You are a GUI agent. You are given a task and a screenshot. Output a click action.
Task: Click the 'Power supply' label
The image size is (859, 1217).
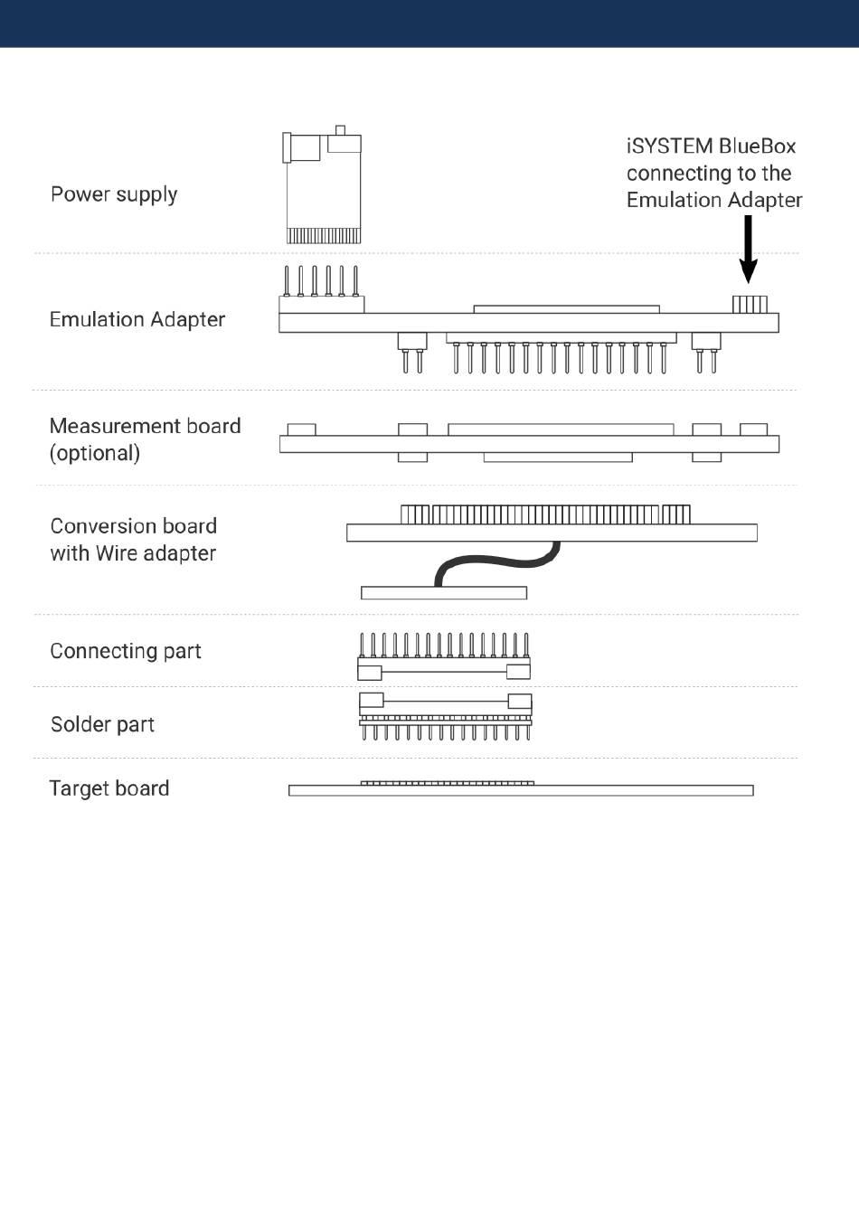click(114, 194)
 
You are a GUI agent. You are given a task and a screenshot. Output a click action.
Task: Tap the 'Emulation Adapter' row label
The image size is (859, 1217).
click(137, 319)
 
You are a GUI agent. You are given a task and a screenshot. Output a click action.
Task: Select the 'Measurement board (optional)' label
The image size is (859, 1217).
click(145, 439)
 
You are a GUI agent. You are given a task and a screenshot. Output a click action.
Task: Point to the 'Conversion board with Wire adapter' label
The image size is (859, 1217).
click(134, 539)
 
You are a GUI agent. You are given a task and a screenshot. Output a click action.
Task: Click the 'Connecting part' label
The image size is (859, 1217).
click(126, 651)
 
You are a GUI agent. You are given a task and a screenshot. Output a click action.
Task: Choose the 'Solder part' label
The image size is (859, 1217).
click(102, 724)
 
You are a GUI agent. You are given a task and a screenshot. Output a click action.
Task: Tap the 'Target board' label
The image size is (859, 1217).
click(109, 788)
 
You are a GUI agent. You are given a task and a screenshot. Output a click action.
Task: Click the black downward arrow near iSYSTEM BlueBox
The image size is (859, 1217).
click(748, 249)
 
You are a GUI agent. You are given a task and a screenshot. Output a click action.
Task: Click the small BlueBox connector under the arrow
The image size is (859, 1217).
click(750, 304)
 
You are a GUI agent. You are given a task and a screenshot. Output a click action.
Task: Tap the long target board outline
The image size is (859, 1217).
click(521, 791)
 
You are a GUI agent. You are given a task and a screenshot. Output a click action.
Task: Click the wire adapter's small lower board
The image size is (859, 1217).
click(443, 593)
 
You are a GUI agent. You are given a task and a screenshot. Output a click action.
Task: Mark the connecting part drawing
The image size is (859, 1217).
click(444, 658)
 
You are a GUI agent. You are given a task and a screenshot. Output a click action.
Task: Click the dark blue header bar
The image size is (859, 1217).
click(429, 23)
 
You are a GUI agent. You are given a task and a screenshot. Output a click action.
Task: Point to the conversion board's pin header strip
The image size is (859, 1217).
click(545, 514)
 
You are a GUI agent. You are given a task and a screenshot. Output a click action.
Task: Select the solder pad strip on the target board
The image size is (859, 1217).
click(447, 783)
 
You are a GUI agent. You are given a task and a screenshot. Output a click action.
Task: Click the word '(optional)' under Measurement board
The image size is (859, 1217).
click(95, 453)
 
